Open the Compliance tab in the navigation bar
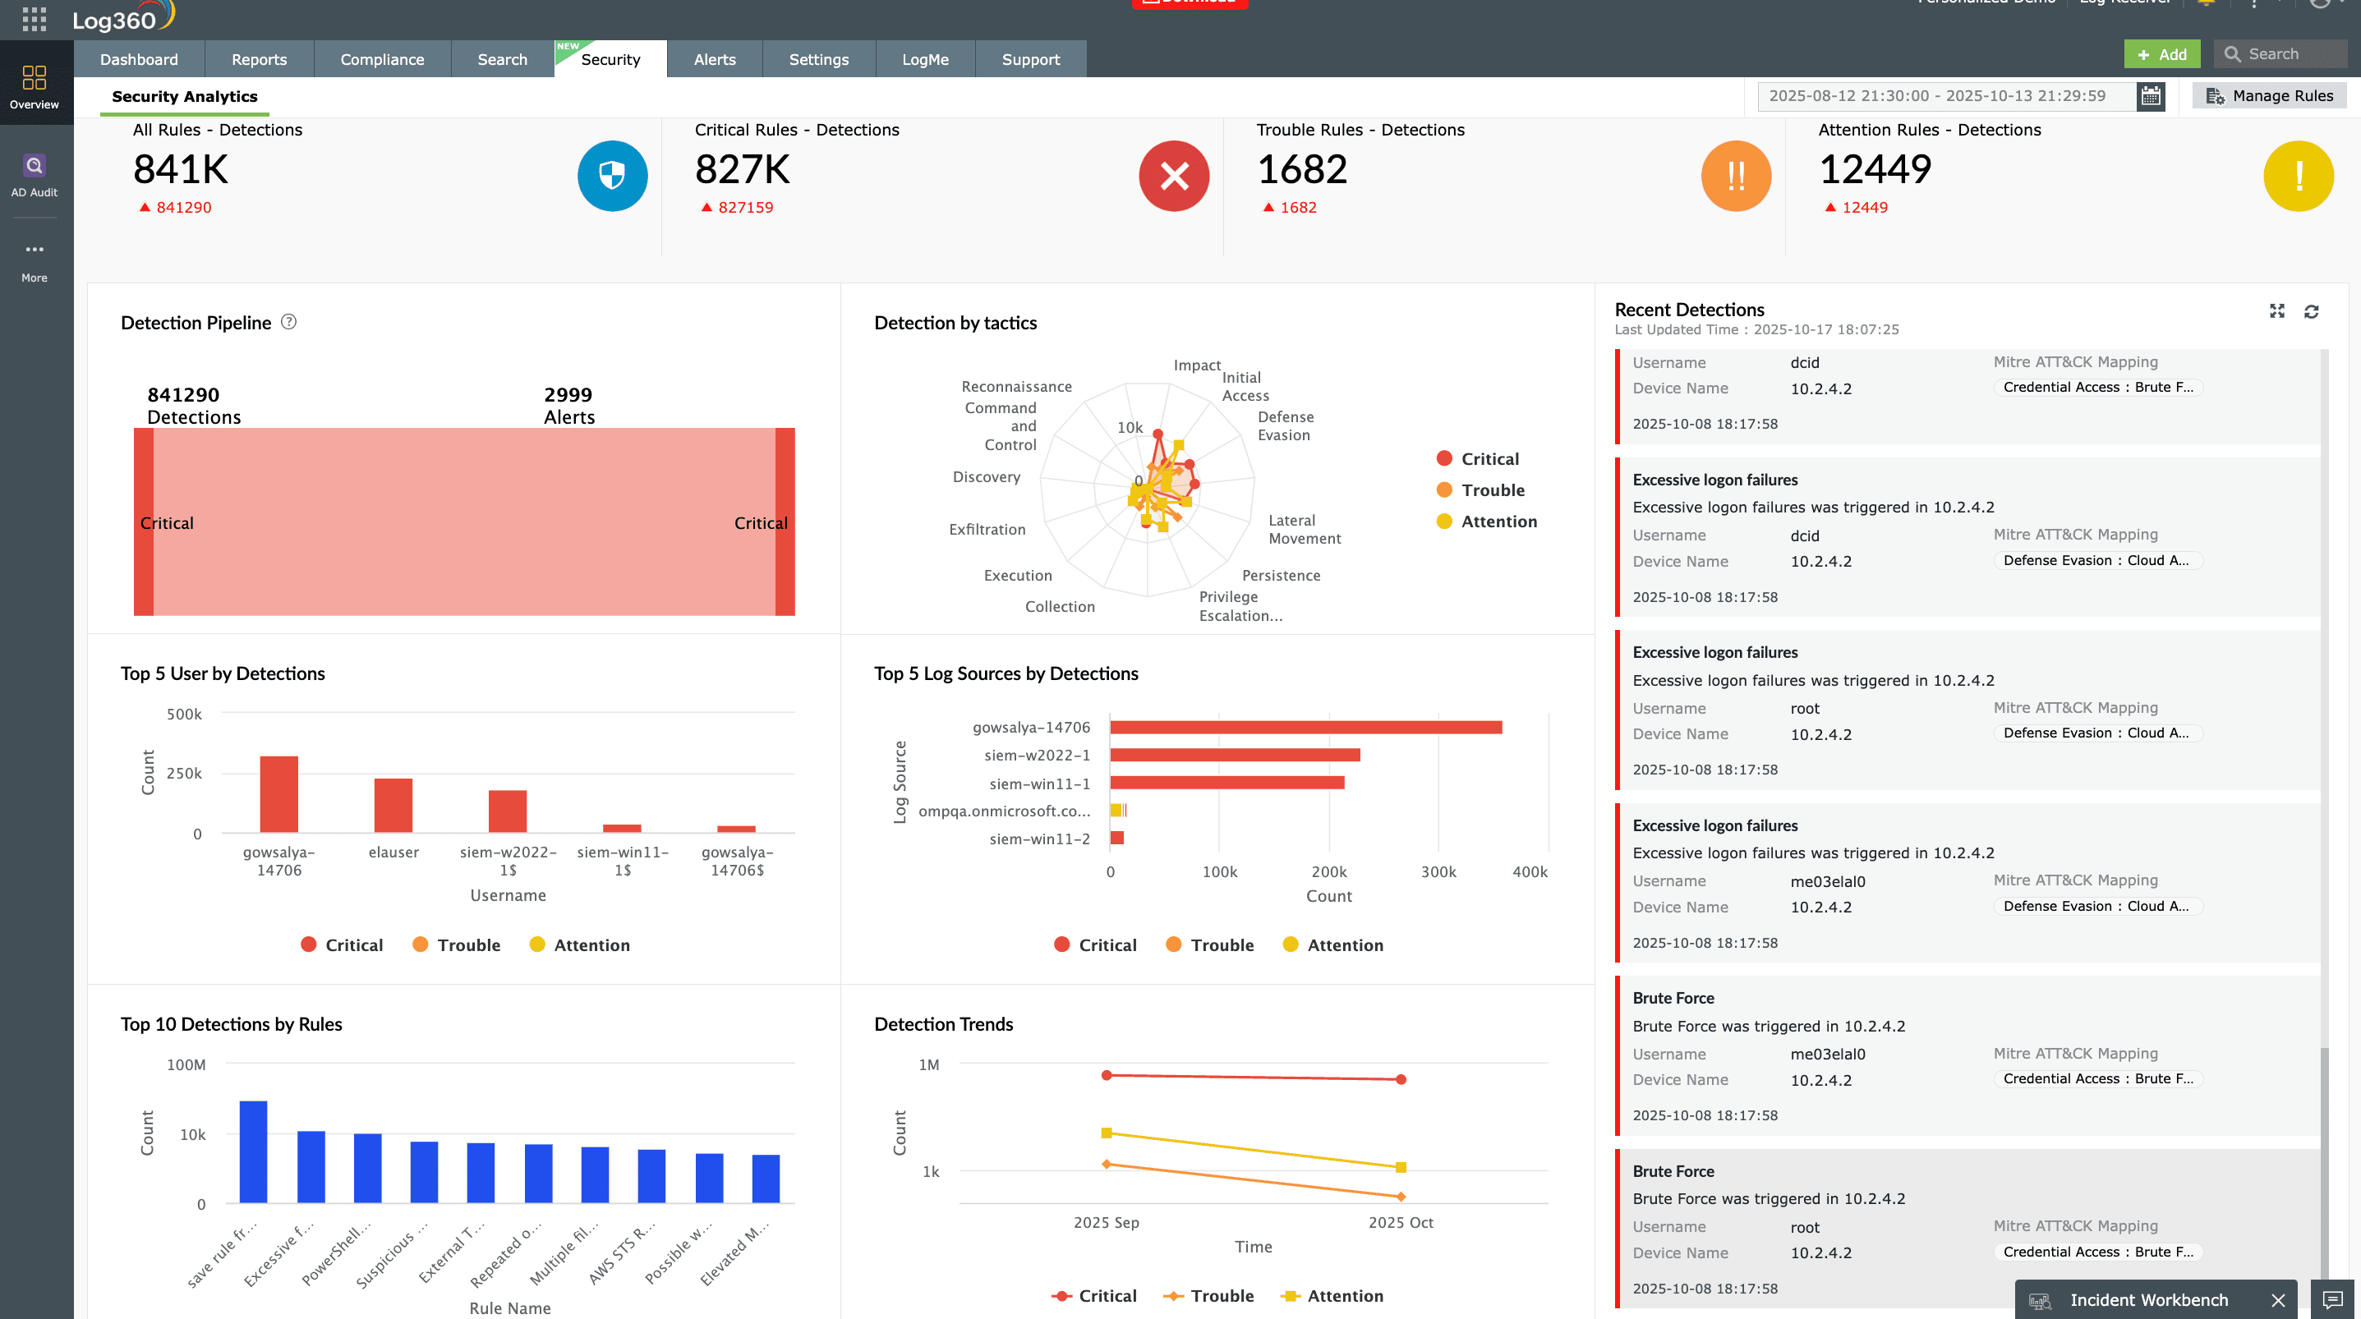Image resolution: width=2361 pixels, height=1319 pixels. point(381,60)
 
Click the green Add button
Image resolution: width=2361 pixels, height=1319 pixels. point(2161,55)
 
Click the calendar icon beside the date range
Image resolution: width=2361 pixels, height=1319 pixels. point(2150,96)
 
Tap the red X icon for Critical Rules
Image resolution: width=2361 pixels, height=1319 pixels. point(1173,176)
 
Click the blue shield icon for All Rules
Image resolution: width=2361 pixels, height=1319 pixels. point(611,176)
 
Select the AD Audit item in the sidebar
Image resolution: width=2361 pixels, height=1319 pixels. point(34,175)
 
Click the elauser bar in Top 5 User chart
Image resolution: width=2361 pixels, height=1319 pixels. point(393,805)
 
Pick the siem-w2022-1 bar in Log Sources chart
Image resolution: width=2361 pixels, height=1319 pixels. point(1234,756)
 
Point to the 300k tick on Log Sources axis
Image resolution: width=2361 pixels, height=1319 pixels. point(1438,871)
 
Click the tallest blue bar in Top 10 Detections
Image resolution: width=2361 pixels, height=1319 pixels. point(253,1151)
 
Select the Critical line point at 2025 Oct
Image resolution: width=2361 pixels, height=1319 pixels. point(1401,1080)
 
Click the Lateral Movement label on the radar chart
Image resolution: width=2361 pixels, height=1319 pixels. point(1304,530)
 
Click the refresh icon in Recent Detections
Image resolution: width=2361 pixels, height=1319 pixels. point(2311,311)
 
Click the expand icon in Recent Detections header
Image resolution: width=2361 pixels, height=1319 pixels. point(2276,311)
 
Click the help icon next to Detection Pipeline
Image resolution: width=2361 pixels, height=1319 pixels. point(288,322)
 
